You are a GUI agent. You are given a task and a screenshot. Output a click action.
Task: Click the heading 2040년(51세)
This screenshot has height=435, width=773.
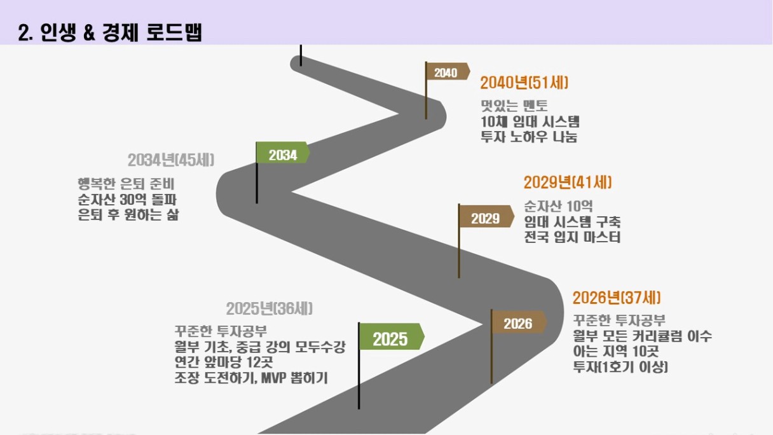click(x=524, y=83)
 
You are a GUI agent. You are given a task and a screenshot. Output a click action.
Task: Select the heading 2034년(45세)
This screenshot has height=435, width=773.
click(x=171, y=160)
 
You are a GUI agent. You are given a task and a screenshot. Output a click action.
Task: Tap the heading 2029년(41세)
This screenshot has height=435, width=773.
click(x=567, y=183)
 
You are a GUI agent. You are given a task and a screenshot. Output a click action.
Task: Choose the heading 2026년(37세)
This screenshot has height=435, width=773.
click(x=617, y=298)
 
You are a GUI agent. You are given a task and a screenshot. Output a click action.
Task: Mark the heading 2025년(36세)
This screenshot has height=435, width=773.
click(x=269, y=308)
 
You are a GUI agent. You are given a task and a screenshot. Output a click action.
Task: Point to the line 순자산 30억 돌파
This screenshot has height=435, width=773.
click(x=127, y=200)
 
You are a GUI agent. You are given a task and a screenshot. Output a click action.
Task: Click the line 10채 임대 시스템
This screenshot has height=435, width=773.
click(x=530, y=121)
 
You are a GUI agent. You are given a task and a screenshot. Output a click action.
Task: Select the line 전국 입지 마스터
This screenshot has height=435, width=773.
click(x=572, y=237)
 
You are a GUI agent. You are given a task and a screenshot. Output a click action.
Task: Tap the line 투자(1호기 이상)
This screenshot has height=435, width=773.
click(x=620, y=367)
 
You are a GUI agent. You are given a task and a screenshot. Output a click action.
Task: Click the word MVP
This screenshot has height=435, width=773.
click(x=273, y=378)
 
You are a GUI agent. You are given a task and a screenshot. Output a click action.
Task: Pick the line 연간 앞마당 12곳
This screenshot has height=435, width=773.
click(x=224, y=362)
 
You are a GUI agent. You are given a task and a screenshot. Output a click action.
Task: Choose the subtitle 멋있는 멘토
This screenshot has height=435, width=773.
click(x=514, y=106)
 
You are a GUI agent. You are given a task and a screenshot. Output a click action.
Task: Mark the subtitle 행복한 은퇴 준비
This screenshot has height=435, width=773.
click(x=126, y=184)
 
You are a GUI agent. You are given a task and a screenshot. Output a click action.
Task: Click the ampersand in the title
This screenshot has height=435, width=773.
click(x=89, y=33)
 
